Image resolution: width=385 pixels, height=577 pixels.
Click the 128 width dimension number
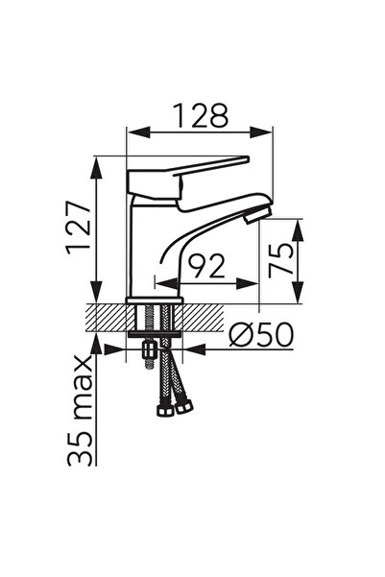pos(202,115)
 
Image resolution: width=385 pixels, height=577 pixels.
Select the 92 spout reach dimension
pos(205,266)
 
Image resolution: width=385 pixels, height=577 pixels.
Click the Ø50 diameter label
pos(260,335)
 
